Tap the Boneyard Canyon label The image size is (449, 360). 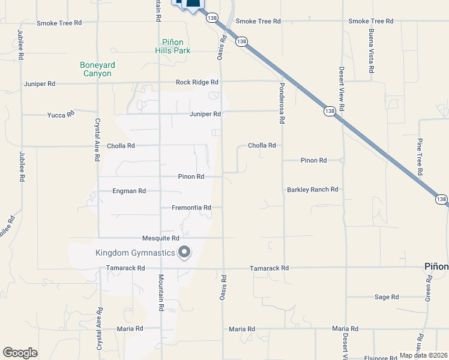(97, 69)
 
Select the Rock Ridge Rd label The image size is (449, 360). (197, 82)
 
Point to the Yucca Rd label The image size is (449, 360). (61, 113)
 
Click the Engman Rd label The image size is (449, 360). (129, 191)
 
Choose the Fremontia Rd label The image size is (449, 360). (191, 208)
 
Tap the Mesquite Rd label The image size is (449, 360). (157, 238)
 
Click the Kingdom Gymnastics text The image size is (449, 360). (135, 253)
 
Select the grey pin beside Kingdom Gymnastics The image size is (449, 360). (184, 253)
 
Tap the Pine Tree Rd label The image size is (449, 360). (420, 157)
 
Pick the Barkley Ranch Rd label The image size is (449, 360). (313, 190)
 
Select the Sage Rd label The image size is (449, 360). (386, 297)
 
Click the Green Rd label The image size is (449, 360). (428, 308)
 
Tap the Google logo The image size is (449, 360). (20, 353)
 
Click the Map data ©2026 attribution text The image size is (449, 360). (423, 355)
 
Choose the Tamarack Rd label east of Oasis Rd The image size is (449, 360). (269, 268)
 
